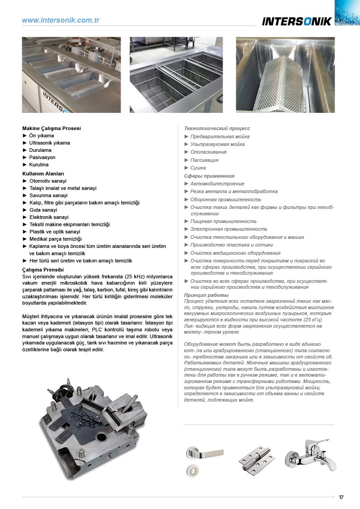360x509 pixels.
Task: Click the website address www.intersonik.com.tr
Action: coord(61,20)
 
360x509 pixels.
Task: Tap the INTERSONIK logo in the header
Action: coord(297,21)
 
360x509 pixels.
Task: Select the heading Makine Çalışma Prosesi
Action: coord(52,128)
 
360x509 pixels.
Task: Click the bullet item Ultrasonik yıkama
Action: coord(49,143)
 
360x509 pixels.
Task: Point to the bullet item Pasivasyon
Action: coord(42,157)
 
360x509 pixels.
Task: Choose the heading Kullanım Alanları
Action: coord(43,174)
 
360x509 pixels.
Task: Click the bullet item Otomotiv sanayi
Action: coord(48,181)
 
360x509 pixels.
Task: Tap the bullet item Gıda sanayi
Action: coord(43,210)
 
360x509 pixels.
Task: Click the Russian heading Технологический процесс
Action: coord(217,129)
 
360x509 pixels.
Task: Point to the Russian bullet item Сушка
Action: coord(198,168)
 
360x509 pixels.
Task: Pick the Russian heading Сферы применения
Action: coord(209,176)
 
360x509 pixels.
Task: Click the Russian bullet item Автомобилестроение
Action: coord(217,184)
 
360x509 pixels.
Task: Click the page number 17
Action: coord(341,497)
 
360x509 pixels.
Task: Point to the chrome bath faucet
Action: coord(311,455)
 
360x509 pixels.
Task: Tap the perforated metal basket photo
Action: coord(285,75)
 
